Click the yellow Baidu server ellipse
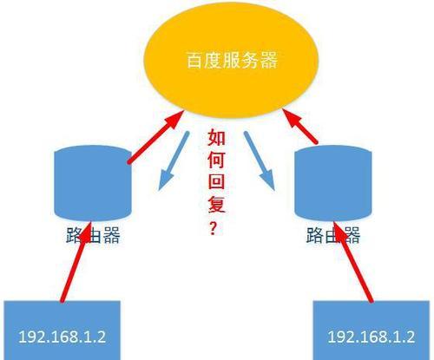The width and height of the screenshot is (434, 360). click(231, 60)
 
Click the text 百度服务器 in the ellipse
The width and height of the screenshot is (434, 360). click(232, 60)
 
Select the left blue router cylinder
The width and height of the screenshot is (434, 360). click(93, 183)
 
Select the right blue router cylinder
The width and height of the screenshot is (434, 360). click(332, 183)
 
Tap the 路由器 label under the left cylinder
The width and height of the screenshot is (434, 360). click(93, 235)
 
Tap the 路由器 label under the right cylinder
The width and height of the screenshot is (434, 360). click(333, 235)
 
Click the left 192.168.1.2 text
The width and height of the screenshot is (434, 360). click(62, 337)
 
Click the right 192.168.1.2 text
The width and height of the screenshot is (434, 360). click(372, 337)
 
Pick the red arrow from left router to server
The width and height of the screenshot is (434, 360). click(155, 137)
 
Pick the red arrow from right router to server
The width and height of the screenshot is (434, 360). click(299, 126)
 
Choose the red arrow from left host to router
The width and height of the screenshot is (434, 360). click(76, 262)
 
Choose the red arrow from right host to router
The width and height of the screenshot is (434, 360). click(353, 262)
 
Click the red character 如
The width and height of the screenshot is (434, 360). click(216, 137)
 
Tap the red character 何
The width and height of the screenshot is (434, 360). click(216, 160)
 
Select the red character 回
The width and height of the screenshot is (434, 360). click(216, 182)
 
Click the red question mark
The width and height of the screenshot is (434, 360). click(213, 228)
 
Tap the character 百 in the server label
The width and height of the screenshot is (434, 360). click(194, 60)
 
